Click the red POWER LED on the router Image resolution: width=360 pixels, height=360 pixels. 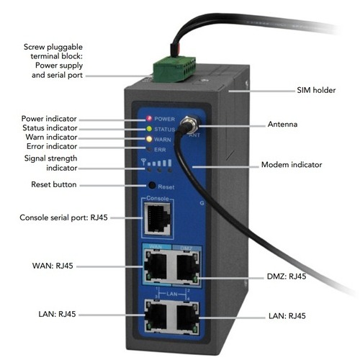tap(149, 118)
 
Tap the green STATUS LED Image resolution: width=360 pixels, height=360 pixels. tap(149, 129)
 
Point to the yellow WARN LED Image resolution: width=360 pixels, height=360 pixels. tap(149, 139)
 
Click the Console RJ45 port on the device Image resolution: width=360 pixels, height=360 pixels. tap(158, 219)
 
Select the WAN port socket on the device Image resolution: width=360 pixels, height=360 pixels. tap(156, 266)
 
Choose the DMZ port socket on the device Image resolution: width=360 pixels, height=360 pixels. tap(188, 266)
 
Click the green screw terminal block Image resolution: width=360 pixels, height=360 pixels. tap(174, 68)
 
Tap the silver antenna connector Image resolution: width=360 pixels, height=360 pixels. tap(189, 125)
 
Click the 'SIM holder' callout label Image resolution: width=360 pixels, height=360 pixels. tap(316, 90)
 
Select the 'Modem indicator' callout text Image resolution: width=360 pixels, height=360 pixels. tap(292, 165)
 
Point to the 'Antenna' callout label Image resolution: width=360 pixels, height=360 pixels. tap(282, 125)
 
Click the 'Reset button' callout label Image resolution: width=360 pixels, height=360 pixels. tap(54, 184)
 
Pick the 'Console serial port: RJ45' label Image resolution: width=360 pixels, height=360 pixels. tap(63, 217)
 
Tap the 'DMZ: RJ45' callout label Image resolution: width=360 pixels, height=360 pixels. tap(287, 276)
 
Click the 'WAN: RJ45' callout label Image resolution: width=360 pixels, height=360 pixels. tap(53, 266)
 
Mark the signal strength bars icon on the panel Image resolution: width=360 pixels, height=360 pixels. tap(156, 163)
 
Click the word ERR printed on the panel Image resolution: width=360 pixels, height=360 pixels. tap(160, 150)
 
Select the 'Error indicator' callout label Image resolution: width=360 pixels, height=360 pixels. tap(52, 146)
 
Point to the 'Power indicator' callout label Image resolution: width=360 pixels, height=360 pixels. tap(49, 119)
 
